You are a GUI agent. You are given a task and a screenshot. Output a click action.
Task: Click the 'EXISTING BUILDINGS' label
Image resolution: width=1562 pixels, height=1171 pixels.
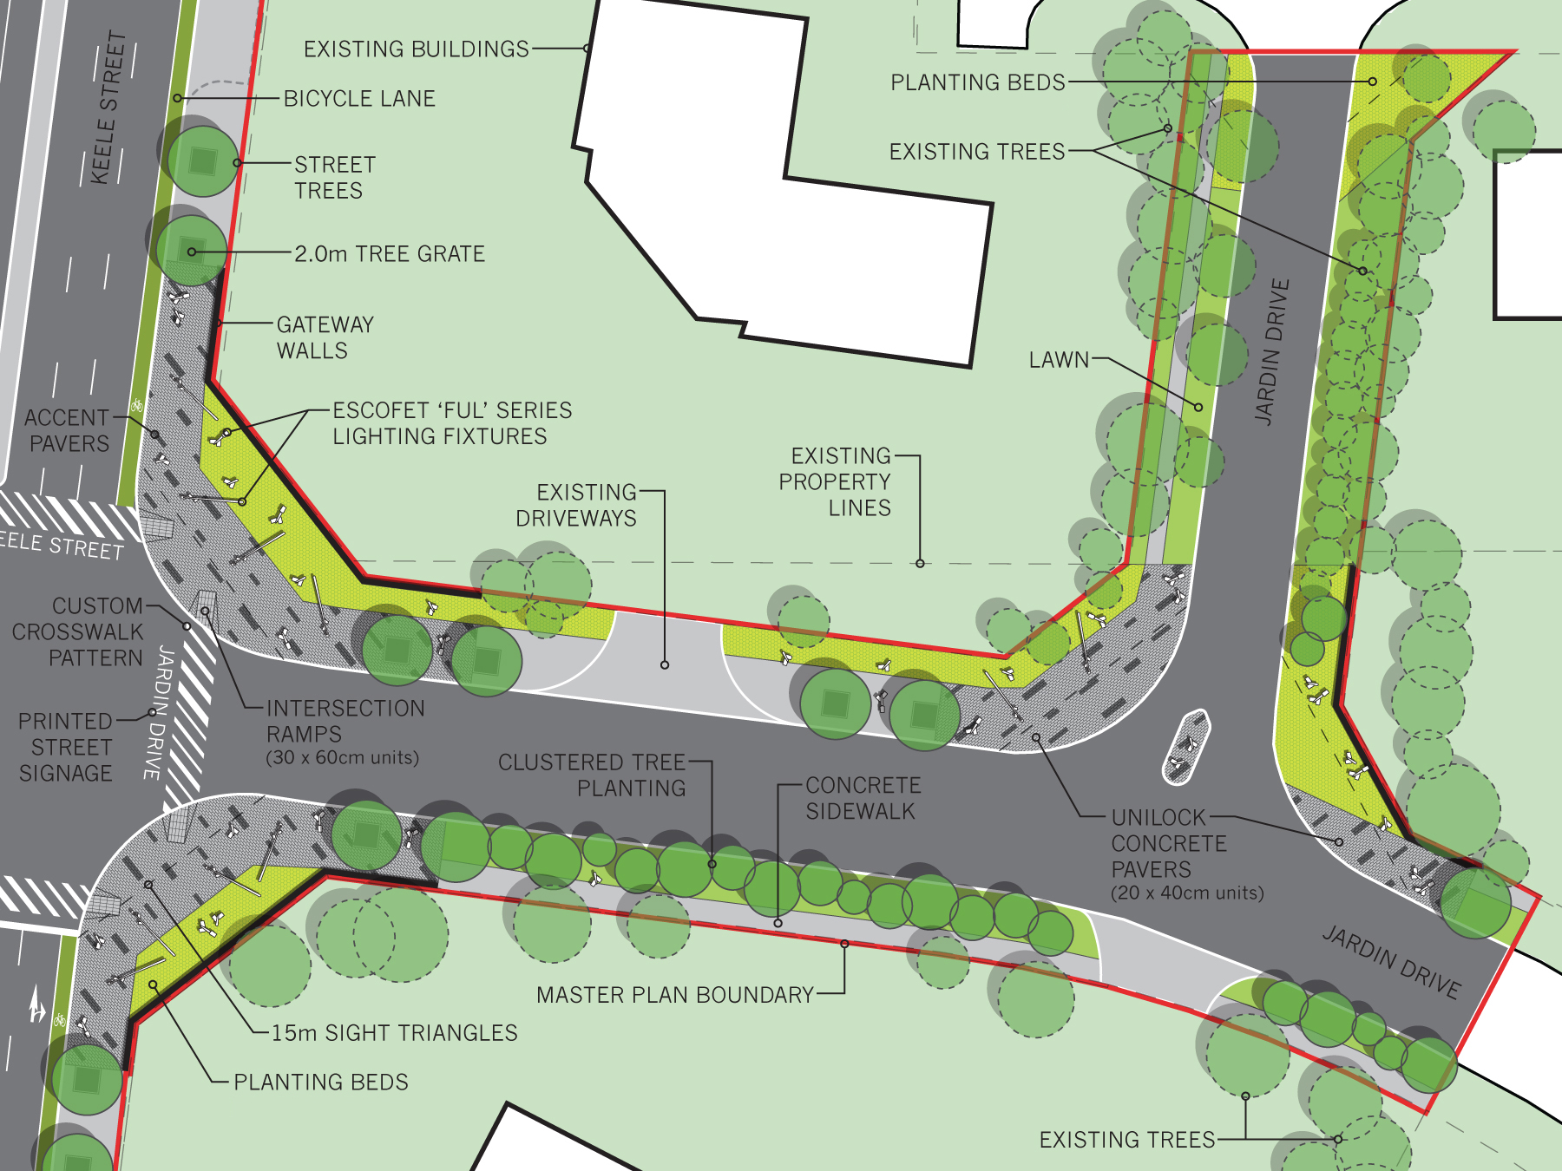[x=416, y=49]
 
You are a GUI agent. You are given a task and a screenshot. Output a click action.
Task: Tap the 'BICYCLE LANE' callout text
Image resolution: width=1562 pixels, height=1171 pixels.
[x=359, y=99]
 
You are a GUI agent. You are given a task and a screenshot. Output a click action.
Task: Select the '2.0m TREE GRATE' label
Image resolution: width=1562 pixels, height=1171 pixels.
[x=390, y=254]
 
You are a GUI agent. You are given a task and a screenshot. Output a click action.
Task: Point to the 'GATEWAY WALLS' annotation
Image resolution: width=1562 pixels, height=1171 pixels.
[x=325, y=337]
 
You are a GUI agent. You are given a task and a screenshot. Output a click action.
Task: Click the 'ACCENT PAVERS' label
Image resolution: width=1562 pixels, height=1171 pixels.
[x=67, y=430]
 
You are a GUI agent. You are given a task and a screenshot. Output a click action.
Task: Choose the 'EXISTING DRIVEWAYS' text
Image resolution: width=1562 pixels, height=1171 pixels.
[x=576, y=505]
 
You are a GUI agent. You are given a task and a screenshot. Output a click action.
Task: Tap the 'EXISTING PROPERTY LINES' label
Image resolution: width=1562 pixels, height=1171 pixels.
[x=835, y=481]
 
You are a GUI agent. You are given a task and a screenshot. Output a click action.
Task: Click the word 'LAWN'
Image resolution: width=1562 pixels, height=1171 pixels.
[x=1059, y=360]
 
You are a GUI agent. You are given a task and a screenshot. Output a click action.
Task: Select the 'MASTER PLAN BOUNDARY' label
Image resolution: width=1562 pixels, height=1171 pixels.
[x=674, y=995]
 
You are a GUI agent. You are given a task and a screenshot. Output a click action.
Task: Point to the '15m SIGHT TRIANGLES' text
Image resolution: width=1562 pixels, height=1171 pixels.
[x=394, y=1033]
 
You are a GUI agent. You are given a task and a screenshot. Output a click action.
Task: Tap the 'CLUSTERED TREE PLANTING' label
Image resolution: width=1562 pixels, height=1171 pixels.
[x=592, y=775]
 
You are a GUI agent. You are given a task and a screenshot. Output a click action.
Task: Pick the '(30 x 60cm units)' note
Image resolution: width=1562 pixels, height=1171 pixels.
[x=342, y=758]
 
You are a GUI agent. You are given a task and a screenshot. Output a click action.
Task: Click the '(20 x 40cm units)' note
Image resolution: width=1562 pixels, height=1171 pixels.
[x=1187, y=893]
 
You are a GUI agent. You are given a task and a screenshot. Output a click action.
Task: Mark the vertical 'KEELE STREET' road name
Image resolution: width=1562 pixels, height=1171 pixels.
[x=109, y=108]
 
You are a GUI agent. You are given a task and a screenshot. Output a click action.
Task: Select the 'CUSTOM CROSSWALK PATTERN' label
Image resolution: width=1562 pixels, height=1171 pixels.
[x=77, y=631]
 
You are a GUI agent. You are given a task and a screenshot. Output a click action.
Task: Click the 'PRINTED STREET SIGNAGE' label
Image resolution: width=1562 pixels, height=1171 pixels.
[x=66, y=747]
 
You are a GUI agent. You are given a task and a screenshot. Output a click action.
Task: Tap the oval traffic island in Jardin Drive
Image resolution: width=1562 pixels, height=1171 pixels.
[x=1185, y=746]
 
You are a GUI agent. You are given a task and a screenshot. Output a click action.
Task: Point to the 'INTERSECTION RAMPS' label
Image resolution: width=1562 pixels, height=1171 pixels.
[x=345, y=721]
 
